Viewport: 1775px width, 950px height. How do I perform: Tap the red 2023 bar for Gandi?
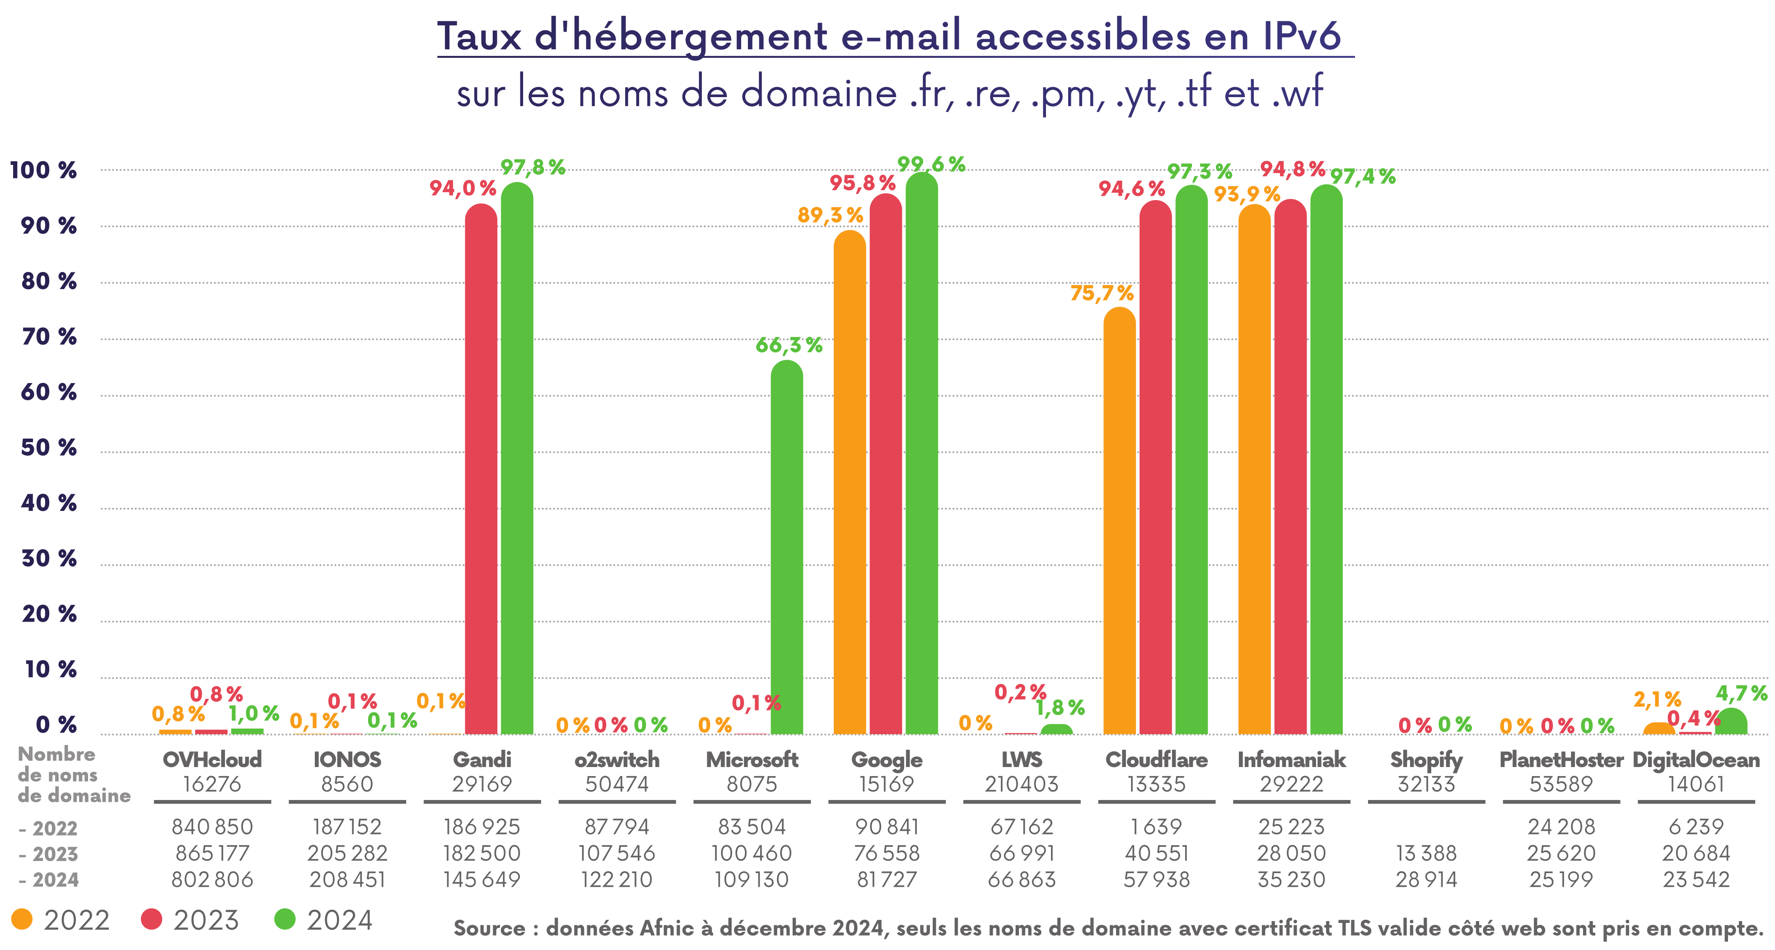tap(481, 469)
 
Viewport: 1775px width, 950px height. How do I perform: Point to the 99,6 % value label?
tap(931, 164)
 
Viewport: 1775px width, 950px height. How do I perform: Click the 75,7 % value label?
tap(1101, 293)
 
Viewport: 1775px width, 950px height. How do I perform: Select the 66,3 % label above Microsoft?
tap(789, 345)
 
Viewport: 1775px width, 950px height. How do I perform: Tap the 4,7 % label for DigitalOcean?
tap(1741, 693)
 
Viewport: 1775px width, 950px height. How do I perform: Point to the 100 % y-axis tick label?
tap(43, 170)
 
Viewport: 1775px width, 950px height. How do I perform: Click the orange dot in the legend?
tap(22, 919)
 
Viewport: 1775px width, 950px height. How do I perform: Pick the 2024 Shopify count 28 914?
tap(1426, 879)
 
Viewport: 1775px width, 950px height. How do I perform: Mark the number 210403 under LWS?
tap(1021, 784)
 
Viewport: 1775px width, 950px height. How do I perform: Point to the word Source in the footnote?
tap(489, 928)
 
